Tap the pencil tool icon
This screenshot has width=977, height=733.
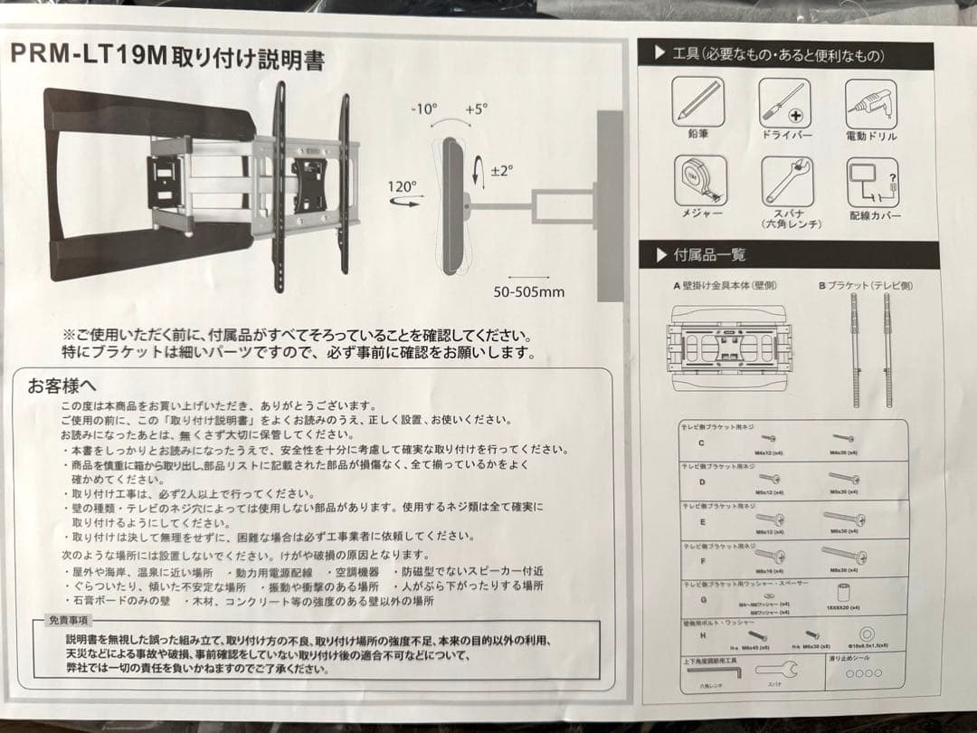(697, 102)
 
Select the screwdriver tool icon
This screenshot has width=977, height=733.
(784, 102)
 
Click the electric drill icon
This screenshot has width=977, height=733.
(871, 103)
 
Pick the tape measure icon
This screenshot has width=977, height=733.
(700, 179)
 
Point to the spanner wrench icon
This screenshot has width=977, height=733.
(785, 180)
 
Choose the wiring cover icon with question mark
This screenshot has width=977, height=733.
(871, 180)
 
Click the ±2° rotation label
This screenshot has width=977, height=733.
(499, 169)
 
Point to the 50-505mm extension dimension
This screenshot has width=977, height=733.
(528, 291)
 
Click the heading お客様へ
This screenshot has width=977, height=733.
(62, 387)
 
